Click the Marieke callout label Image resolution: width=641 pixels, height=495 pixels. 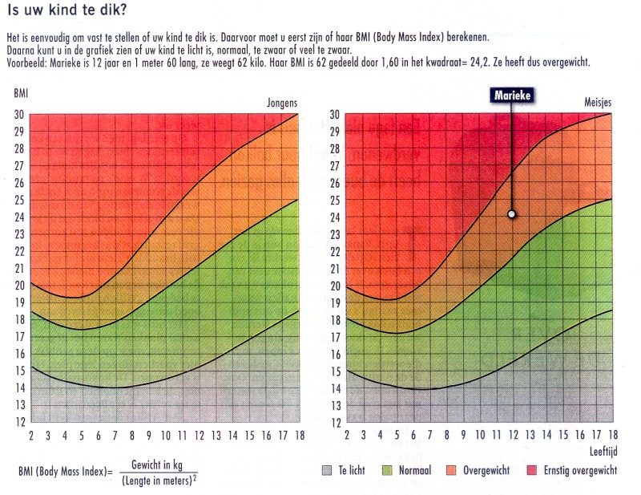511,95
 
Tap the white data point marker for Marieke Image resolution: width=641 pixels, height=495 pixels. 511,214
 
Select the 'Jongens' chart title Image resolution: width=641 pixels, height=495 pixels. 283,103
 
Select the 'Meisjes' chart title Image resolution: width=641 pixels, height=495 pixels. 596,103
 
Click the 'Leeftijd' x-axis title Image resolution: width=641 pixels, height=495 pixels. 606,450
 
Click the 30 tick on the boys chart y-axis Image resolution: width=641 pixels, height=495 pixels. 20,114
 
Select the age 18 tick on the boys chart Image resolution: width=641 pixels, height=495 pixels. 298,436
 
